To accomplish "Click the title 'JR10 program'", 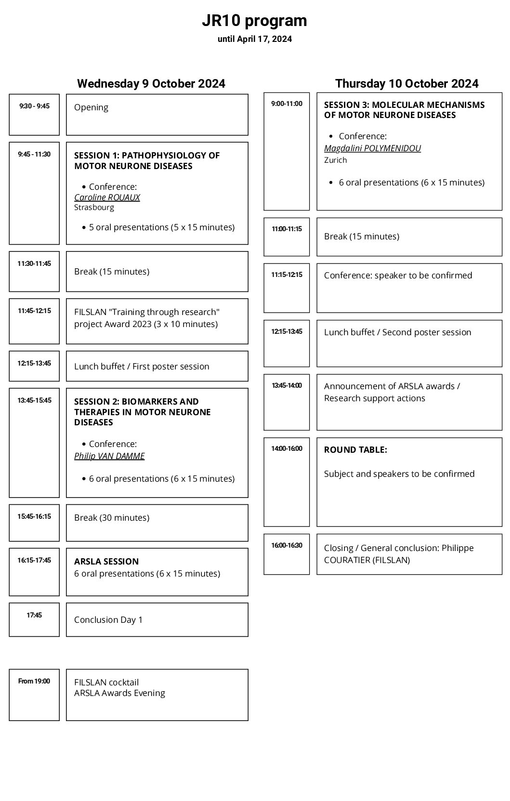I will click(254, 21).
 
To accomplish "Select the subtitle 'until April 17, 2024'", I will click(254, 39).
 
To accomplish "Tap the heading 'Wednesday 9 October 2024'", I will click(151, 83).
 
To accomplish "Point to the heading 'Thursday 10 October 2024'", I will click(406, 83).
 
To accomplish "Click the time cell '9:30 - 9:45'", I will click(34, 106).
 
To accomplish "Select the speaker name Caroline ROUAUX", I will click(107, 197).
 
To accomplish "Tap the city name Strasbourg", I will click(94, 208).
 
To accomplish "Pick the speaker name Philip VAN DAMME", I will click(109, 456).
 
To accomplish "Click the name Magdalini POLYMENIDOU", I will click(372, 148).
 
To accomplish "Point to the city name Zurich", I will click(335, 160).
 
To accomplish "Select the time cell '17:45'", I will click(34, 615).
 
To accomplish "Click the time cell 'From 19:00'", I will click(34, 681).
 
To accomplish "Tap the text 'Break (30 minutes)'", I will click(112, 517).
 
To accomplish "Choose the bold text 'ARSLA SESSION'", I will click(106, 561).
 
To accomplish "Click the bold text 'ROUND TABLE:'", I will click(355, 449).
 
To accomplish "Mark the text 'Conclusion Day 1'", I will click(108, 619).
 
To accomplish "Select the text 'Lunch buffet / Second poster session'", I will click(397, 332).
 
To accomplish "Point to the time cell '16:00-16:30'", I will click(287, 545).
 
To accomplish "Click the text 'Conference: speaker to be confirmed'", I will click(398, 275).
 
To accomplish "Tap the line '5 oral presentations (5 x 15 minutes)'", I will click(161, 227).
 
